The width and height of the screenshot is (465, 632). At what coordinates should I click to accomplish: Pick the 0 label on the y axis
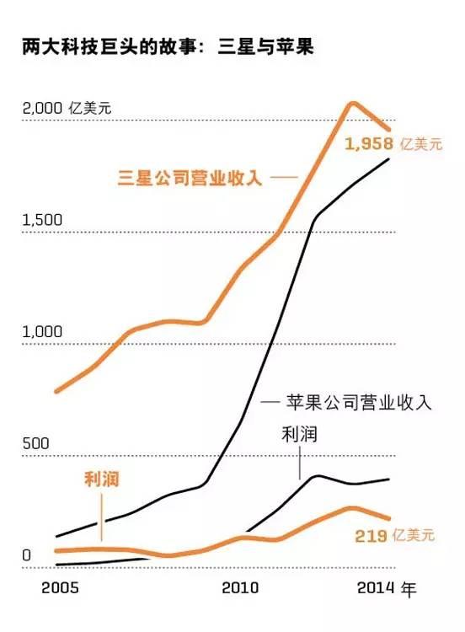tap(26, 555)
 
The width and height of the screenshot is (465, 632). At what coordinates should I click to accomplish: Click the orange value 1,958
tap(371, 144)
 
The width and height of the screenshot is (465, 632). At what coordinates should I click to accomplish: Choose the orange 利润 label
tap(101, 479)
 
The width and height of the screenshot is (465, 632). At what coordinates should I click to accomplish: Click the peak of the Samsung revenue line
tap(354, 104)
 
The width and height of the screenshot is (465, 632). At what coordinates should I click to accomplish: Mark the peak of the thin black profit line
tap(318, 476)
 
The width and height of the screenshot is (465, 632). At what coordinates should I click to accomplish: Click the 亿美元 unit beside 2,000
tap(91, 109)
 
